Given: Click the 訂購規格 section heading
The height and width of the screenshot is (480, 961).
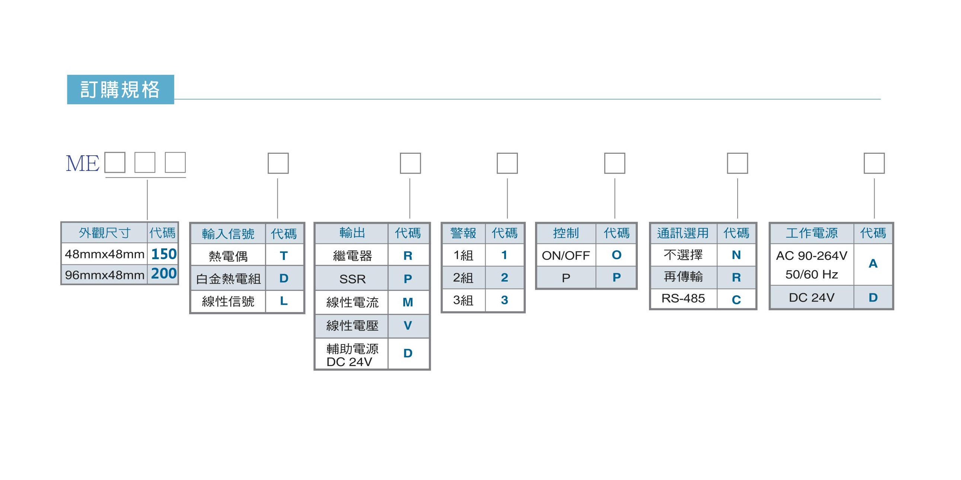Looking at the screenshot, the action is point(120,89).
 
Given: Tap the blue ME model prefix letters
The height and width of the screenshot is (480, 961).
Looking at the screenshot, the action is point(82,163).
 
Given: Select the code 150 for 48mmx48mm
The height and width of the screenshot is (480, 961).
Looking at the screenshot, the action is point(164,254).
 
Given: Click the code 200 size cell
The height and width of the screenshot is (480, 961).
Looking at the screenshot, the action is point(164,273).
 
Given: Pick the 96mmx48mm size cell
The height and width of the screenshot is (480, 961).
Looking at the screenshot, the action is point(105,275).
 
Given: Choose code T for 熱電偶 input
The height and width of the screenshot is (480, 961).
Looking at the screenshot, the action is point(283,255).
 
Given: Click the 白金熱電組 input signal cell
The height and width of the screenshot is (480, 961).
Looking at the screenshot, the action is point(228,279).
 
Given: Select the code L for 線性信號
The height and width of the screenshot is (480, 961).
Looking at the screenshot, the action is point(283,301).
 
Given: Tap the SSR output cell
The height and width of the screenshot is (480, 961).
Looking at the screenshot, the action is point(353,279).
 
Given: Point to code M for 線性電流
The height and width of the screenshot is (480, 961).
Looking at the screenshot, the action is point(408,302).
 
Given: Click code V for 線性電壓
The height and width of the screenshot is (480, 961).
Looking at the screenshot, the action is point(408,325).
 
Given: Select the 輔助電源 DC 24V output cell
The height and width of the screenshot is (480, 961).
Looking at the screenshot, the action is point(352,355).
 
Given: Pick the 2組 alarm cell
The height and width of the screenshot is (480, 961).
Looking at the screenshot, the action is point(463,277).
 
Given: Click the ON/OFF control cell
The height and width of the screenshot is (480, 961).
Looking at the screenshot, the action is point(566,255).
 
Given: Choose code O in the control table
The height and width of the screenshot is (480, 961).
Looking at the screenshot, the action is point(617,255).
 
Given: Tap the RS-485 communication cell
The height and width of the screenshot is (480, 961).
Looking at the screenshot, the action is point(683,298).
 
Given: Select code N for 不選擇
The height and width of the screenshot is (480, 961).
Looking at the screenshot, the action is point(736,255).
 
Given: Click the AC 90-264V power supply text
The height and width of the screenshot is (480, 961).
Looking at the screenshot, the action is point(812,256).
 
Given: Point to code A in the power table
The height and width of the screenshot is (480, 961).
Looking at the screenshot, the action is point(873,264).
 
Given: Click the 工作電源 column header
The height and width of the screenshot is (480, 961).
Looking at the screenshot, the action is point(812,233).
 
